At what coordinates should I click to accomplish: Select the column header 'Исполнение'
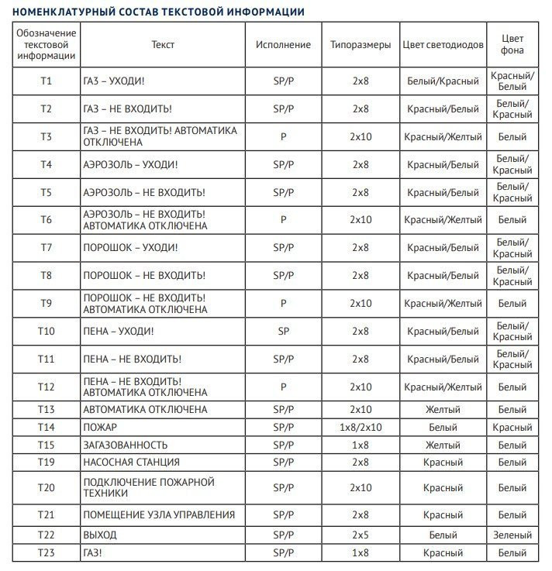pyautogui.click(x=283, y=45)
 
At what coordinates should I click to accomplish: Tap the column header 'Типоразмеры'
pyautogui.click(x=360, y=45)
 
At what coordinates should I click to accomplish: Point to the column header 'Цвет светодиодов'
pyautogui.click(x=443, y=45)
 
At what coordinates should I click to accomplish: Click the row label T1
pyautogui.click(x=47, y=81)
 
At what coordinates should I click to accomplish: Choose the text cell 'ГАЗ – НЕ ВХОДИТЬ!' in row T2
pyautogui.click(x=127, y=108)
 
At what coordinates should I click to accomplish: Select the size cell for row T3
pyautogui.click(x=361, y=136)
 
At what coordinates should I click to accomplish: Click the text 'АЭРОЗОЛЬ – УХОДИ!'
pyautogui.click(x=130, y=164)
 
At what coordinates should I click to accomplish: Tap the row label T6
pyautogui.click(x=47, y=220)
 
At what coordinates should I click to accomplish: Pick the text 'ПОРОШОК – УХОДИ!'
pyautogui.click(x=130, y=248)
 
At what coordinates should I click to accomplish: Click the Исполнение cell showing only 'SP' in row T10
pyautogui.click(x=283, y=332)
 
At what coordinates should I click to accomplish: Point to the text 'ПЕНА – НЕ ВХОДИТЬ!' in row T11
pyautogui.click(x=132, y=359)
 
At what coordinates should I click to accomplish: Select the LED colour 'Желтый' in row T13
pyautogui.click(x=443, y=409)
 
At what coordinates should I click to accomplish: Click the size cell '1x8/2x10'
pyautogui.click(x=361, y=427)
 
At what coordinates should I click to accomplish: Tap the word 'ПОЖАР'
pyautogui.click(x=100, y=427)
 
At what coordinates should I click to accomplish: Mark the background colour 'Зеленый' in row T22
pyautogui.click(x=512, y=535)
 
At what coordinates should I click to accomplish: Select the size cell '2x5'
pyautogui.click(x=361, y=535)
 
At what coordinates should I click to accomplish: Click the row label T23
pyautogui.click(x=47, y=552)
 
